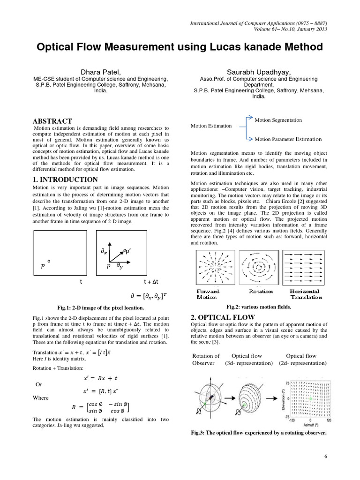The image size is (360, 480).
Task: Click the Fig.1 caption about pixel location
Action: pos(100,307)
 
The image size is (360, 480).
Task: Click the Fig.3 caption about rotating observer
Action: pos(259,432)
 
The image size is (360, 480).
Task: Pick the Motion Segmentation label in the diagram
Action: pos(278,120)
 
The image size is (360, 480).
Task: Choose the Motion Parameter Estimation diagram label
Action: pos(288,139)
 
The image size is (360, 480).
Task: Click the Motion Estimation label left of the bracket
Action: pos(211,126)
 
